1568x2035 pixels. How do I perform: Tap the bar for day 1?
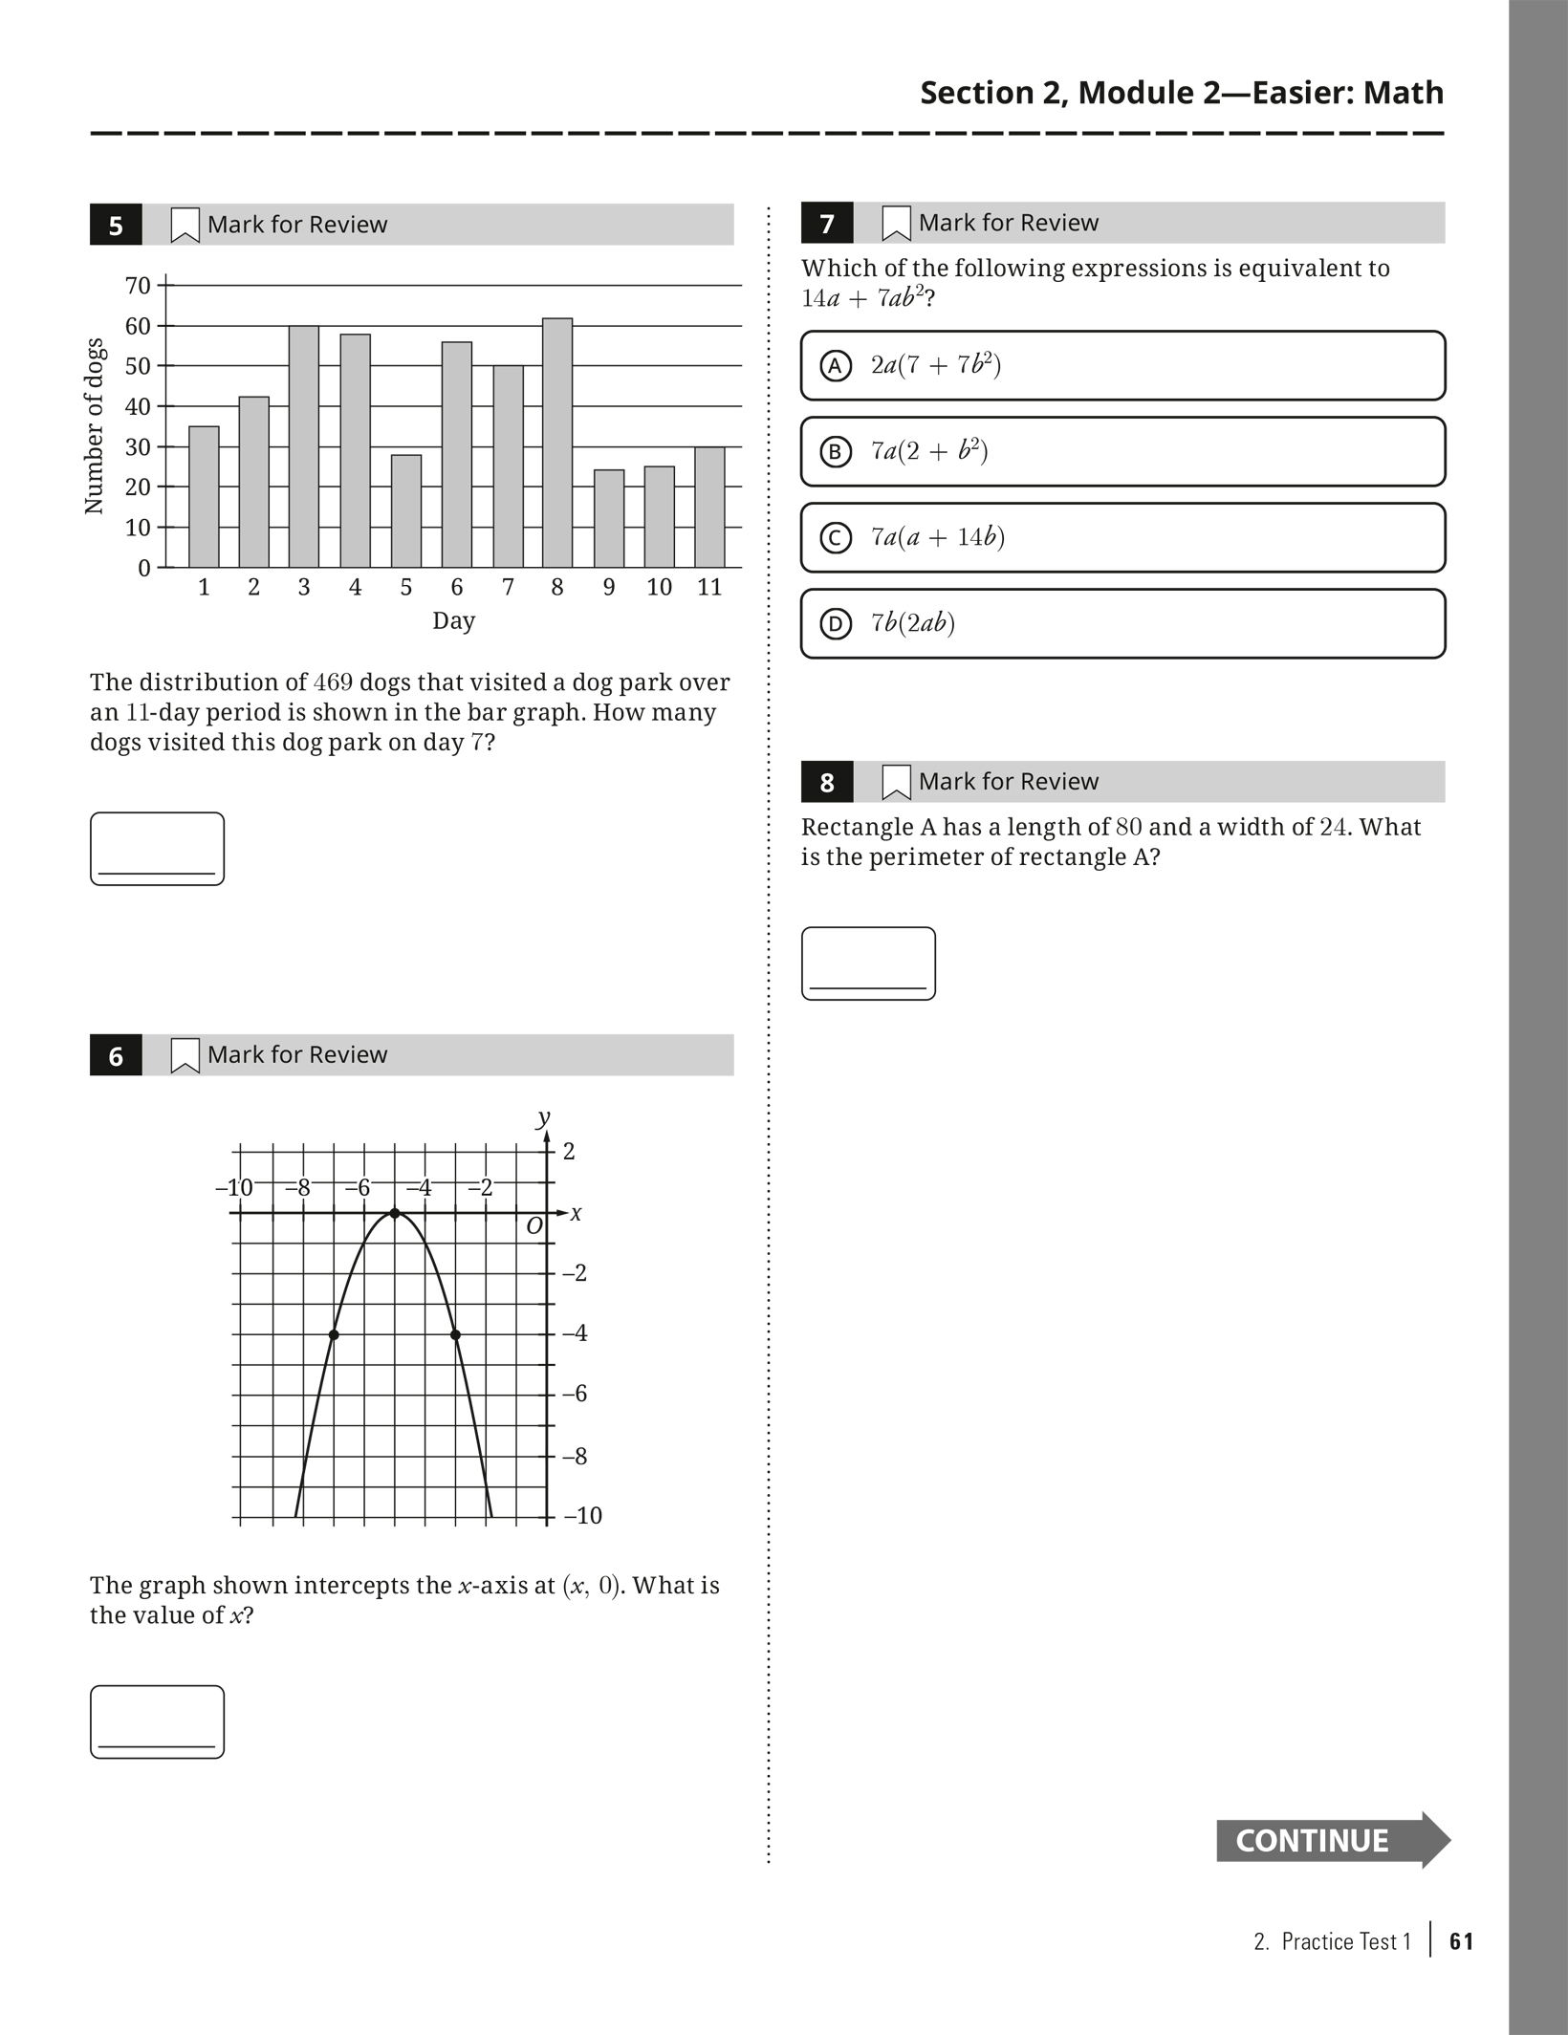tap(204, 496)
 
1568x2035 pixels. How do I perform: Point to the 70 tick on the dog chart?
tap(138, 286)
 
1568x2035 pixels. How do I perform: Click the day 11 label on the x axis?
tap(709, 587)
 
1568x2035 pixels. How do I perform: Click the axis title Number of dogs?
tap(94, 425)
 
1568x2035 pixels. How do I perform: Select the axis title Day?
tap(453, 620)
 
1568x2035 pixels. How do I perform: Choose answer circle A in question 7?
tap(836, 365)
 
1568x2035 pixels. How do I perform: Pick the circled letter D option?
tap(836, 624)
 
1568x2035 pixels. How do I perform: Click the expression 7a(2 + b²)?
tap(928, 450)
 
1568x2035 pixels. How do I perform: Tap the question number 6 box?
tap(116, 1055)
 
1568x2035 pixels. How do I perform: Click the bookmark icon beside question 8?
tap(896, 782)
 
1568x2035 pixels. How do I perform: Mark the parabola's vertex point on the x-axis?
tap(395, 1214)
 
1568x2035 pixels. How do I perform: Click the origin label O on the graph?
tap(534, 1225)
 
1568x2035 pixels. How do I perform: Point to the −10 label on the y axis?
tap(582, 1516)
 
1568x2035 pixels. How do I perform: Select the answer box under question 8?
tap(868, 963)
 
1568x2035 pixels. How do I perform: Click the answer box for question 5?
tap(157, 849)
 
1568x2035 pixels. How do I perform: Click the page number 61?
tap(1462, 1941)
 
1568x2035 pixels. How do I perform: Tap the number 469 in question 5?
tap(333, 682)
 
